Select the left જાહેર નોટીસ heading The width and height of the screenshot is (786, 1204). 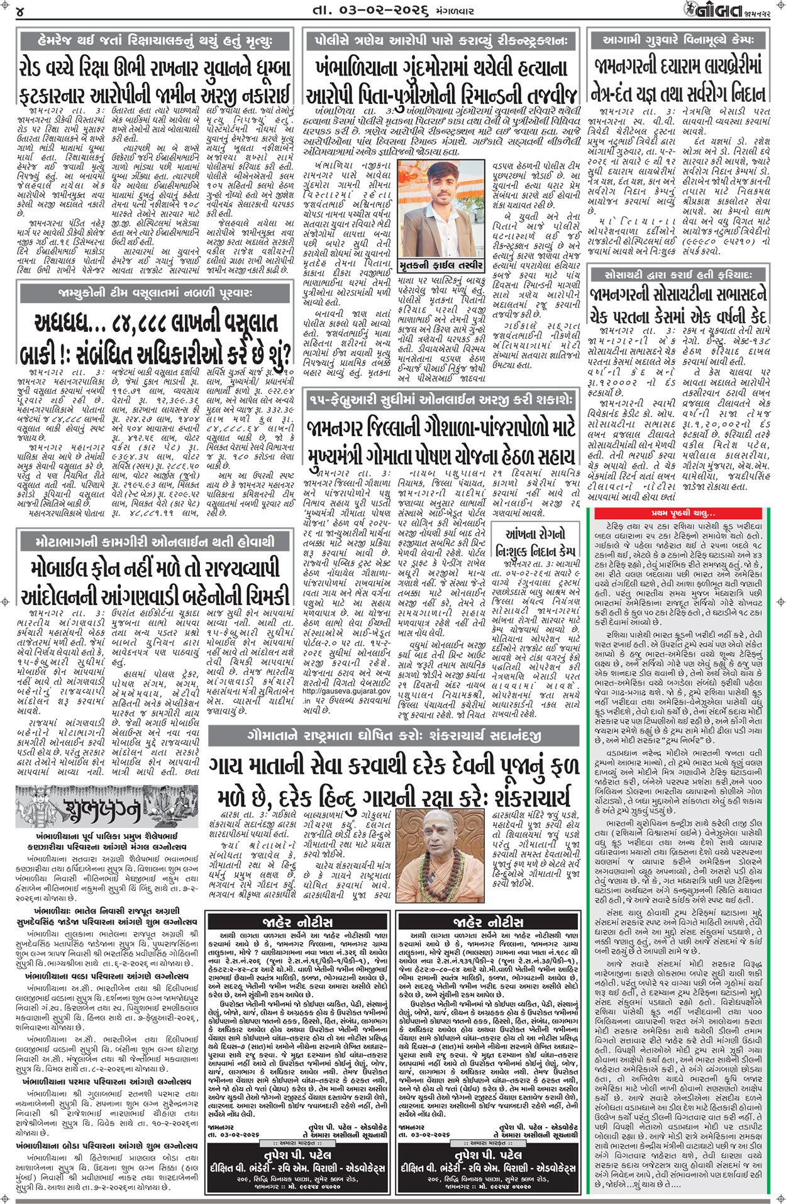click(x=297, y=922)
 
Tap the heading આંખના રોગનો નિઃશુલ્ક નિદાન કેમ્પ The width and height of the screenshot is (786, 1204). click(x=535, y=542)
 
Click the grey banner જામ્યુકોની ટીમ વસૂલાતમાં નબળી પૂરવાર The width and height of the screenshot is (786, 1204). click(x=155, y=294)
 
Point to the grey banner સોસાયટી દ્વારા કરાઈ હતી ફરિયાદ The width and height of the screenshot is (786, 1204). click(x=678, y=275)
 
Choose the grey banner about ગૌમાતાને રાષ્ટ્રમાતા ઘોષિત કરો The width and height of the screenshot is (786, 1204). click(x=394, y=735)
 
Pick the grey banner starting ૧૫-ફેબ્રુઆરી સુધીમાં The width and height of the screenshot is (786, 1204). click(x=440, y=400)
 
